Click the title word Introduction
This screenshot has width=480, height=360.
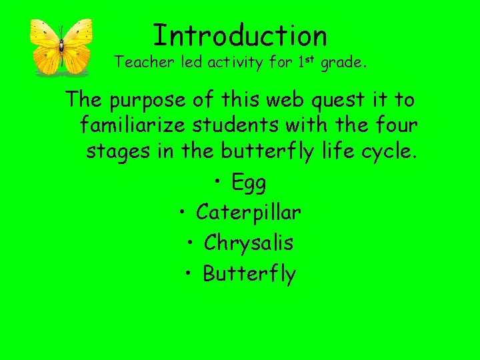click(x=240, y=35)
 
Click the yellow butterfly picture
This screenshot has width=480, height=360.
click(x=61, y=46)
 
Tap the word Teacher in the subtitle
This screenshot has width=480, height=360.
click(x=137, y=63)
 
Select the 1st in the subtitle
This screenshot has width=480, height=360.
click(x=305, y=62)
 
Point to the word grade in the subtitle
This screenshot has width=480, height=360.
click(x=341, y=63)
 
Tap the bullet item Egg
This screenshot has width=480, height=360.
click(x=248, y=181)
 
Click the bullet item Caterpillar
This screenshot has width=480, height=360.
click(x=249, y=213)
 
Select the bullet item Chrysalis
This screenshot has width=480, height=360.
click(x=249, y=243)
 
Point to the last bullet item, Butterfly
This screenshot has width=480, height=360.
click(x=249, y=274)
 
